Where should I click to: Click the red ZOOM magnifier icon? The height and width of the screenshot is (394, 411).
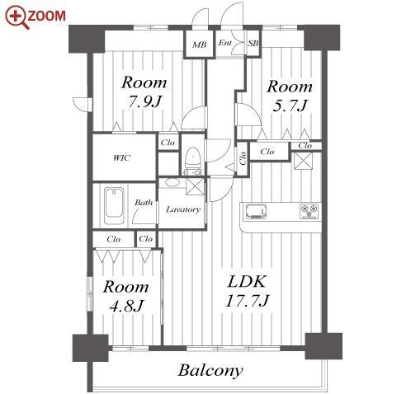(x=17, y=17)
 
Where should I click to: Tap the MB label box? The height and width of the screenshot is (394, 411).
(x=199, y=45)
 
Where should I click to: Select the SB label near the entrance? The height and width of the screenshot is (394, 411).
(x=253, y=43)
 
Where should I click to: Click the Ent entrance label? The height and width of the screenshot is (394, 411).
(x=225, y=43)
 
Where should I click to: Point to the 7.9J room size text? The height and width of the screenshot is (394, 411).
(x=144, y=102)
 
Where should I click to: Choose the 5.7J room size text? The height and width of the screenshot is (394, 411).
(x=290, y=106)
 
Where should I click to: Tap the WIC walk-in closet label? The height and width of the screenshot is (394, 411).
(x=121, y=158)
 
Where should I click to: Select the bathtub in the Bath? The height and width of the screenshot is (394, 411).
(x=114, y=206)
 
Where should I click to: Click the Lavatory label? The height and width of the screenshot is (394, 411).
(x=183, y=209)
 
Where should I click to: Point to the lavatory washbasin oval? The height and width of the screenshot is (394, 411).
(x=172, y=182)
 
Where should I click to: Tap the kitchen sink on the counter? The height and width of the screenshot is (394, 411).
(x=256, y=212)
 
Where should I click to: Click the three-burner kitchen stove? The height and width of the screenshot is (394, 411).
(x=309, y=211)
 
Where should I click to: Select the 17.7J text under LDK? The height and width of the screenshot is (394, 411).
(x=247, y=301)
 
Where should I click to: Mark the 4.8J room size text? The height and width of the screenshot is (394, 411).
(x=126, y=306)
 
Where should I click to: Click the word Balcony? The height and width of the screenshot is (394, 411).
(x=210, y=371)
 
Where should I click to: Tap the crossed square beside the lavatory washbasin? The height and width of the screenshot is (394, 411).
(x=196, y=186)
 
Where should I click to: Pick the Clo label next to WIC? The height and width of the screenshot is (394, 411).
(x=168, y=143)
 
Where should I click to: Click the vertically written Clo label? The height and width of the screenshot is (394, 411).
(x=243, y=158)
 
